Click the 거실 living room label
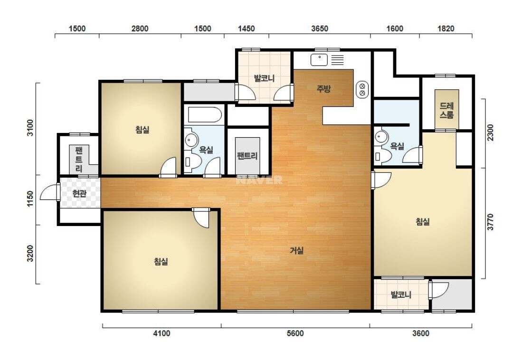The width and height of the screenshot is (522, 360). click(x=296, y=250)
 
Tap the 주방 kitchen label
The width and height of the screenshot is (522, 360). click(x=323, y=89)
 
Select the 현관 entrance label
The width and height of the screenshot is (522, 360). click(x=79, y=193)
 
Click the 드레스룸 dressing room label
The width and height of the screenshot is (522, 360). click(x=446, y=111)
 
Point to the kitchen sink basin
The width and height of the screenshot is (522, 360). click(x=319, y=60)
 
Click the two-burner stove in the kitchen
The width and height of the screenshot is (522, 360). click(x=362, y=89)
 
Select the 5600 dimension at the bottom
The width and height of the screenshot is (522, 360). click(x=295, y=333)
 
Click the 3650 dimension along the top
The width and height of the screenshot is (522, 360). click(x=320, y=28)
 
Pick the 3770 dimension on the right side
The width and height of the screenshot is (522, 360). click(x=490, y=222)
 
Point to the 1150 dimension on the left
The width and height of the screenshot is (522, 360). click(x=30, y=199)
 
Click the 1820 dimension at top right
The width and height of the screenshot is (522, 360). click(x=446, y=28)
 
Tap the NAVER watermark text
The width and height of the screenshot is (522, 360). click(x=259, y=180)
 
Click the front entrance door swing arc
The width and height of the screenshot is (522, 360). click(x=47, y=192)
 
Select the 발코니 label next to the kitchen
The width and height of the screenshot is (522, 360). click(x=264, y=78)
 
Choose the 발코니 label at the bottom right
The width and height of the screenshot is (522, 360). click(x=401, y=294)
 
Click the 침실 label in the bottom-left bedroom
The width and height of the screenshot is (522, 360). click(x=161, y=261)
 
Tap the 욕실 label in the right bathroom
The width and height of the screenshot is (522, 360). click(x=397, y=146)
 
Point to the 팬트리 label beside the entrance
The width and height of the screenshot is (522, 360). click(x=78, y=159)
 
